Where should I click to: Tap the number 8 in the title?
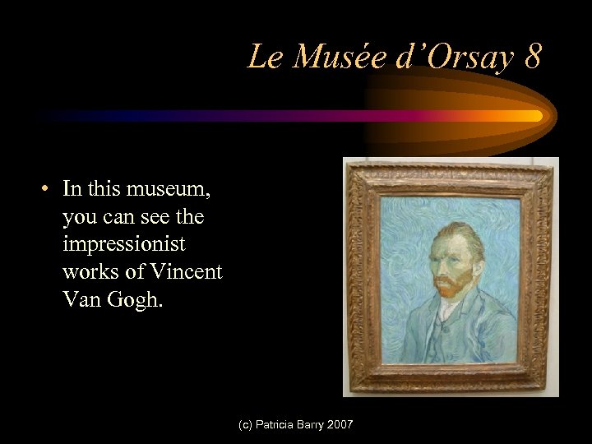coord(532,57)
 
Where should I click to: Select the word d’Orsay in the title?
coord(446,57)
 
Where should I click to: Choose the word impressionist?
coord(123,244)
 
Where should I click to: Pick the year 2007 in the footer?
coord(339,424)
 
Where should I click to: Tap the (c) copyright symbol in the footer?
coord(244,424)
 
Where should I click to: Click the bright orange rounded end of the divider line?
coord(536,116)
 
